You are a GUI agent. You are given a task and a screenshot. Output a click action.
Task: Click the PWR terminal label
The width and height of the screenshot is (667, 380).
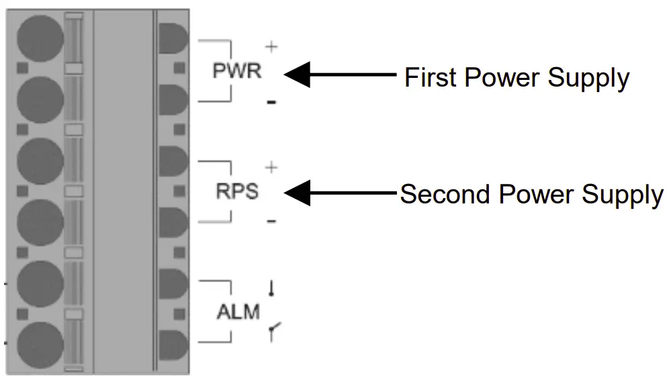pos(236,70)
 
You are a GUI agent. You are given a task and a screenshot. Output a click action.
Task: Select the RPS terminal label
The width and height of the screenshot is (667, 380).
pos(236,191)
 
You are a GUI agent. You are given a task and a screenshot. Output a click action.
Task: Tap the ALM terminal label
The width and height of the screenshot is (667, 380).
pos(238,312)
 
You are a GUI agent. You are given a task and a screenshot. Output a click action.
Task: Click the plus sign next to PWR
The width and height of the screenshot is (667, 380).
pos(271,47)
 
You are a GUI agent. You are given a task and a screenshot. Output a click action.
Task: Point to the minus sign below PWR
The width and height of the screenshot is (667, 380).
pos(271,103)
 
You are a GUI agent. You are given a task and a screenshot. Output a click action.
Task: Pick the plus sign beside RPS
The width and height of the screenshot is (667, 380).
pos(271,167)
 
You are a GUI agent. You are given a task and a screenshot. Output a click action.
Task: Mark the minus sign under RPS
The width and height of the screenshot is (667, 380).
pos(271,221)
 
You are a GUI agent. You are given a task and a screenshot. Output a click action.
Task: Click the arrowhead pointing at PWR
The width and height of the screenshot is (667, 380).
pos(298,75)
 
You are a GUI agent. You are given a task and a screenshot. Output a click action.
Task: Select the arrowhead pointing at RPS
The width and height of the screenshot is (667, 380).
pos(298,193)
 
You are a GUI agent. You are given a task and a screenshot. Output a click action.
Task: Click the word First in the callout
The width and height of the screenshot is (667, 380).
pos(431,78)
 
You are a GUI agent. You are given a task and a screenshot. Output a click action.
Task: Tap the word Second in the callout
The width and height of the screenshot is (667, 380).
pos(446,195)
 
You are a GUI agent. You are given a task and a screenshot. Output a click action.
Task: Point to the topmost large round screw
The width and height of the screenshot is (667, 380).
pos(40,37)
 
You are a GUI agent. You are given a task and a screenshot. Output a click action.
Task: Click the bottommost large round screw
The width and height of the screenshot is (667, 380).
pos(40,344)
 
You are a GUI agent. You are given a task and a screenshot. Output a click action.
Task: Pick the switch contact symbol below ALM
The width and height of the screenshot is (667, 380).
pos(272,330)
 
